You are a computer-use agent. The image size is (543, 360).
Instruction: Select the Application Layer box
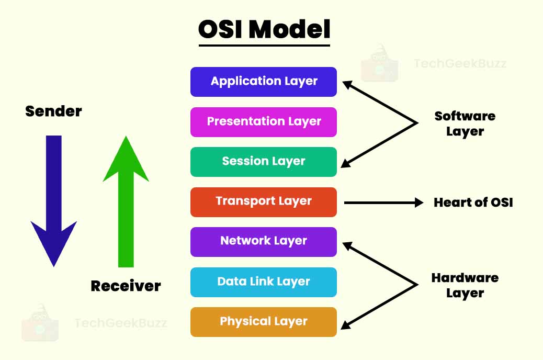[264, 82]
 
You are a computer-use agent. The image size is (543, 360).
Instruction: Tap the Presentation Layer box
[264, 122]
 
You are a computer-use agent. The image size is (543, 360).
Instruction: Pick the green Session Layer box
[264, 162]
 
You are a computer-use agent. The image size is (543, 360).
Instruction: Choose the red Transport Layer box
[264, 201]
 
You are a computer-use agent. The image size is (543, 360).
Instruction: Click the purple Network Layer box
[264, 241]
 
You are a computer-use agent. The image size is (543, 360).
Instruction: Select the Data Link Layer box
[264, 282]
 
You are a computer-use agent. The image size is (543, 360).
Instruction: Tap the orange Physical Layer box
[264, 321]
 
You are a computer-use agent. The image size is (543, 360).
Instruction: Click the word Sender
[53, 111]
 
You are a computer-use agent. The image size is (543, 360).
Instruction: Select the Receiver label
[126, 286]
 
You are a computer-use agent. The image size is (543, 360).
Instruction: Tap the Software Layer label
[465, 123]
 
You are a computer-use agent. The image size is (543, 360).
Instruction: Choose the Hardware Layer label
[465, 285]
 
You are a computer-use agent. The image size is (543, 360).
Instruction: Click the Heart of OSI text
[473, 203]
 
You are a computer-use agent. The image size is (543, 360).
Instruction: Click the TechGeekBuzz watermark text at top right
[460, 64]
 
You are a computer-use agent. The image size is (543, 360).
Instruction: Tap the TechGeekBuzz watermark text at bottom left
[120, 323]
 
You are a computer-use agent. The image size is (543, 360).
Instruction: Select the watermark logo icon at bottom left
[40, 322]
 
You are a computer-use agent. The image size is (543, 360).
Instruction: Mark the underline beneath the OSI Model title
[264, 46]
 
